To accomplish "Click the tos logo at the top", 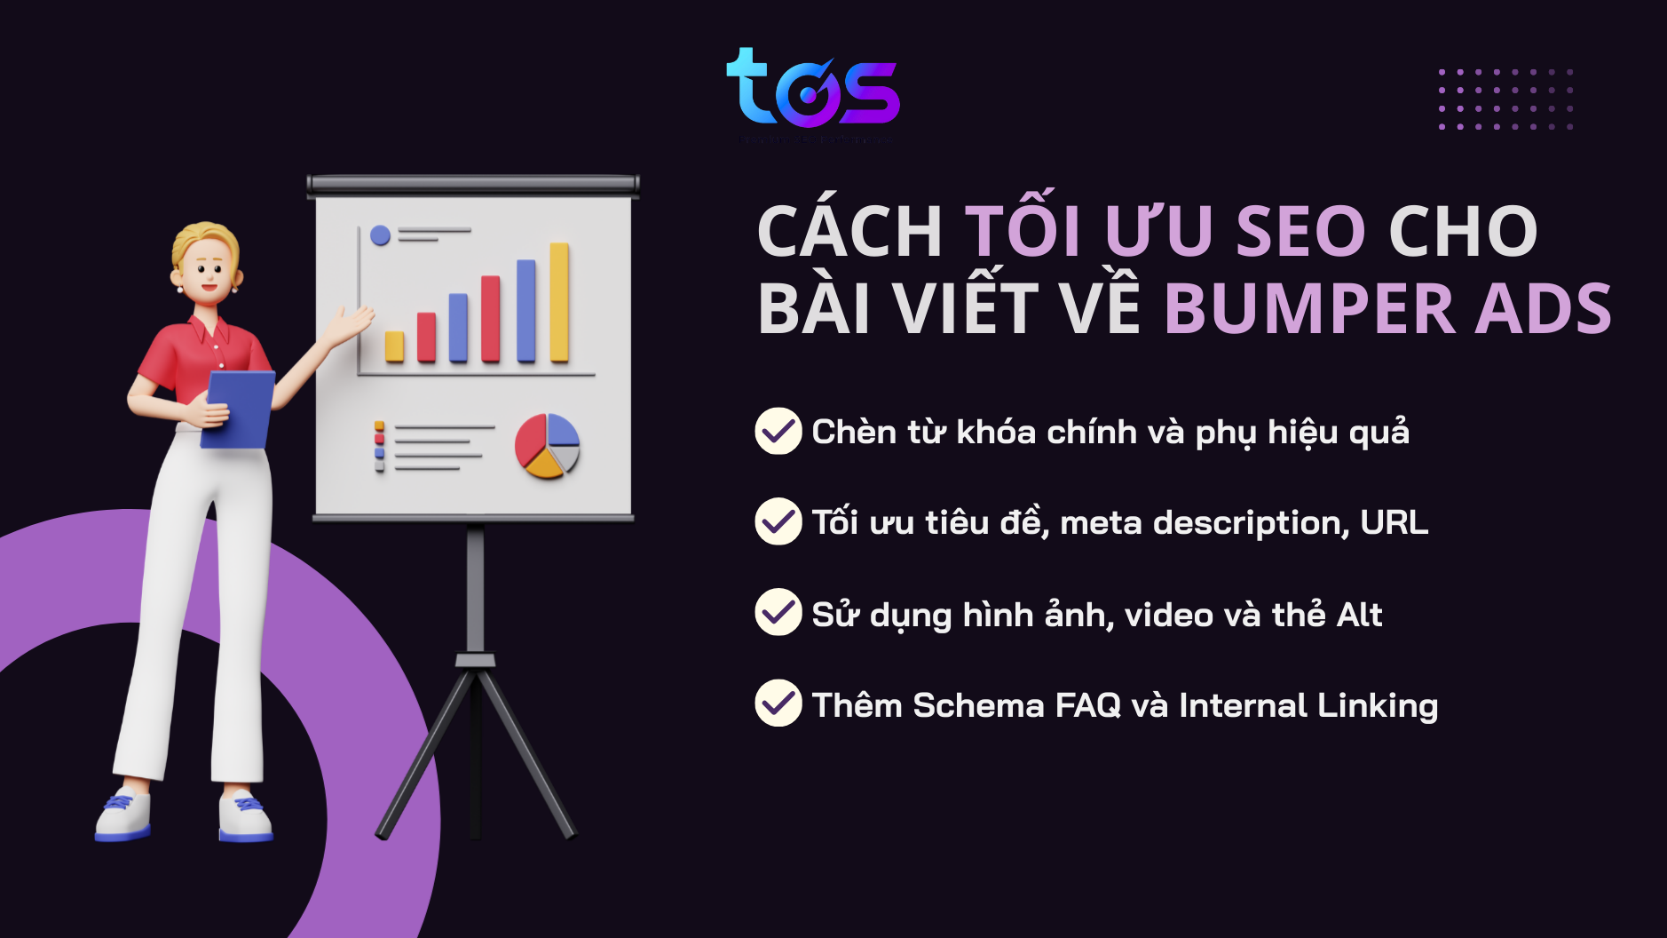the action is [x=812, y=89].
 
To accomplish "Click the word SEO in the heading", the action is [x=1300, y=232].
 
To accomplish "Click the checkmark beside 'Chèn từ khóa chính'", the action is [x=778, y=431].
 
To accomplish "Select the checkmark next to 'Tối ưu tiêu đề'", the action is [x=778, y=521].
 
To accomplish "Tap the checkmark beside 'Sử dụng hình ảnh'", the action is [x=778, y=612].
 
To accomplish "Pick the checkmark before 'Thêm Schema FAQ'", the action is [x=778, y=703].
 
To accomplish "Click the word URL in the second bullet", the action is [x=1394, y=522].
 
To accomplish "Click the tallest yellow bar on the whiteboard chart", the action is [x=559, y=302].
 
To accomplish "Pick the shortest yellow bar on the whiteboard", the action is [x=394, y=346].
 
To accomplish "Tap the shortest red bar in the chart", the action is [x=427, y=338].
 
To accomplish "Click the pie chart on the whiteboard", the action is [x=547, y=446].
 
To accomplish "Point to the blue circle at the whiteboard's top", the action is [x=380, y=235].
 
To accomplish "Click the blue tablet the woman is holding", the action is [x=239, y=409].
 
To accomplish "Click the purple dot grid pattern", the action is [x=1505, y=99].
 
